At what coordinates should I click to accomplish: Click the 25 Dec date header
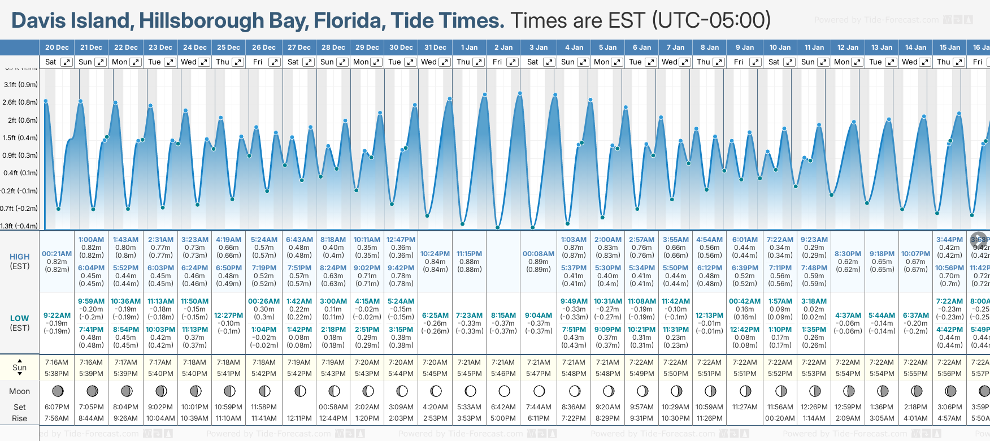(228, 47)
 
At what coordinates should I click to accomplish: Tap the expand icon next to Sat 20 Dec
(67, 62)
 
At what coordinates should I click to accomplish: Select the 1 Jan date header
(469, 47)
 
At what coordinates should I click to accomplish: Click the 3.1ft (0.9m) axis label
(20, 85)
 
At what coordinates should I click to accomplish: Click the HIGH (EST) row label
(20, 261)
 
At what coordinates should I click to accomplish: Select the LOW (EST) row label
(20, 323)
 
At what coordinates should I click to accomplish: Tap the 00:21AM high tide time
(57, 254)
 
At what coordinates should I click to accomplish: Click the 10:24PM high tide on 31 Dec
(435, 254)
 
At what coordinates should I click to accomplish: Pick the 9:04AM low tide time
(539, 315)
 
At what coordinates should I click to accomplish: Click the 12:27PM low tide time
(229, 315)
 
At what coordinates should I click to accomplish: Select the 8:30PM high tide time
(848, 254)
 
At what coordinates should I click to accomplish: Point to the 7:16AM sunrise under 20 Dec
(57, 362)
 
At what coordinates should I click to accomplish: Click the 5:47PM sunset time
(539, 374)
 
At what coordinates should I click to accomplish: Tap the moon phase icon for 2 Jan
(504, 391)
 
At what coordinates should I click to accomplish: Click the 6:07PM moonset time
(57, 407)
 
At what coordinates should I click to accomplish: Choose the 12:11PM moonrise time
(299, 418)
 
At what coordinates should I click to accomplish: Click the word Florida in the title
(350, 21)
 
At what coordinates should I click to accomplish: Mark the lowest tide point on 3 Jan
(532, 228)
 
